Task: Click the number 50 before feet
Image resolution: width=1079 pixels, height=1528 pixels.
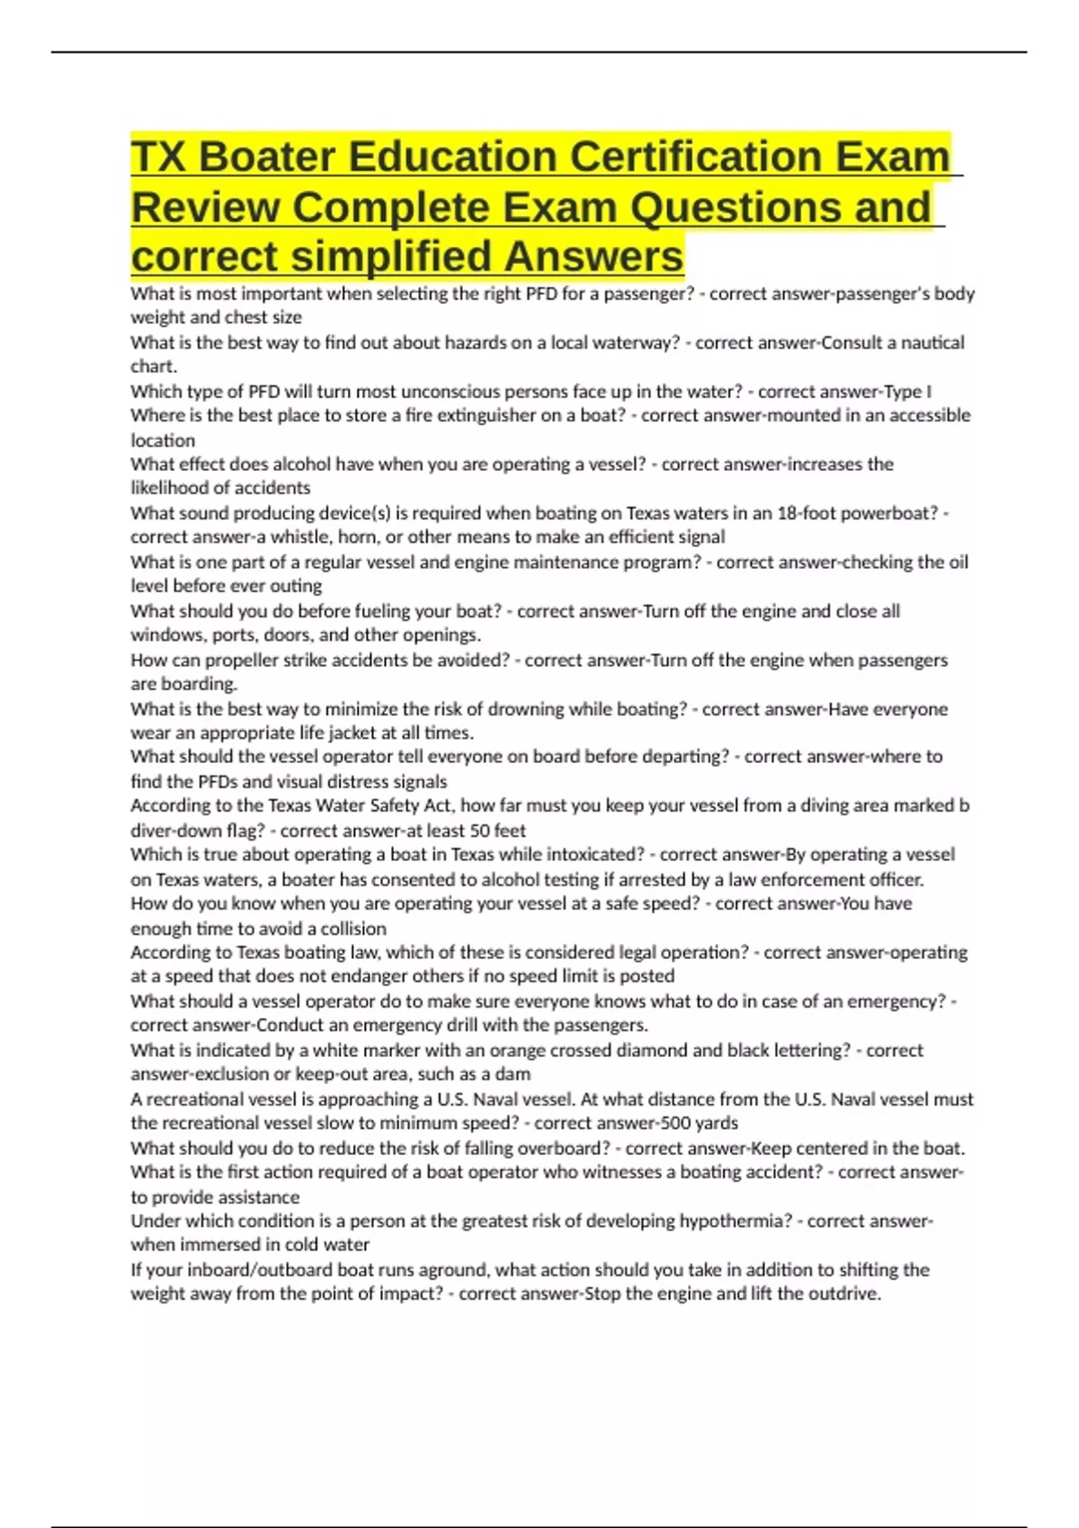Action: coord(481,831)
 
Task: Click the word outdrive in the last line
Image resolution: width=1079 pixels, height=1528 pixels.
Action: coord(843,1294)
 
